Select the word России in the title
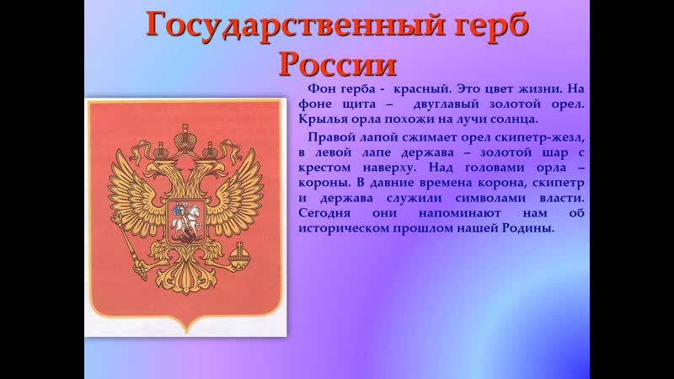pos(338,65)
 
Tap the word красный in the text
pos(422,89)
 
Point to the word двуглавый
pos(447,104)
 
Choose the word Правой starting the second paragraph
pos(328,137)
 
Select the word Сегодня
pos(324,213)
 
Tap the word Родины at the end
pos(528,227)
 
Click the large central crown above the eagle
pos(185,137)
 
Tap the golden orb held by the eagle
pos(238,255)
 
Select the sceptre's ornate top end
pos(117,217)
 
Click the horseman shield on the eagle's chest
pos(185,222)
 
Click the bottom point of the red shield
pos(186,332)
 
